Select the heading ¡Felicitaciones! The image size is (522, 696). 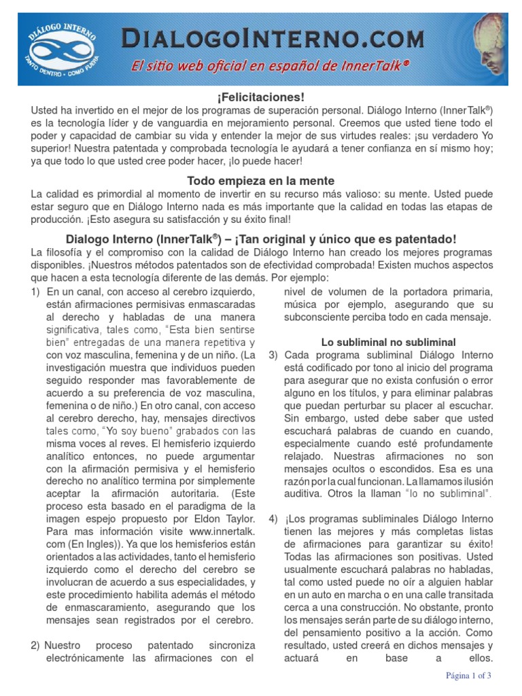[261, 98]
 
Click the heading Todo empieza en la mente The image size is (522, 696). [261, 181]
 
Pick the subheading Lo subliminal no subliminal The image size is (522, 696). [388, 342]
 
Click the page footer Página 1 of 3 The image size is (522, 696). [468, 676]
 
